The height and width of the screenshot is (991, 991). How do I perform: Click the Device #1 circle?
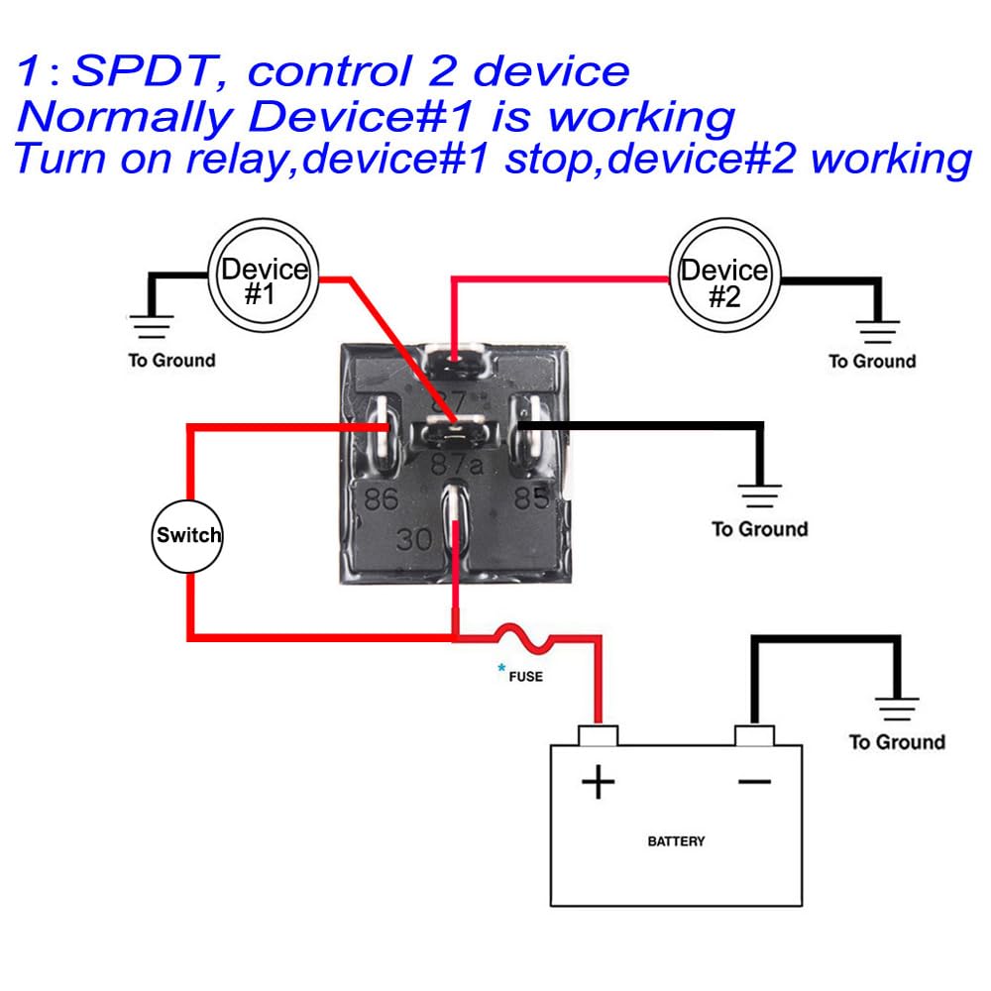pos(264,277)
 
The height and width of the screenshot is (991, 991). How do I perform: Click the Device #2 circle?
pos(725,277)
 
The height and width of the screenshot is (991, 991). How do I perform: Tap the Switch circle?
pos(189,536)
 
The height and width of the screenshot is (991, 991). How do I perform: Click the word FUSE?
pos(525,678)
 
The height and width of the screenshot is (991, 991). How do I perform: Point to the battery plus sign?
pos(598,783)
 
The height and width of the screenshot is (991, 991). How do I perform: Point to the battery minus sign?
pos(754,782)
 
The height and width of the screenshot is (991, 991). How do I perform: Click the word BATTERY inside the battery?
pos(676,841)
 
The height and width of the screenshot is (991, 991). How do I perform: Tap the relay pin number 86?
pos(381,498)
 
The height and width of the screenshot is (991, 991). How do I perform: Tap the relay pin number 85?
pos(531,496)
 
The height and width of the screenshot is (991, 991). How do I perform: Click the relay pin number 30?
pos(415,540)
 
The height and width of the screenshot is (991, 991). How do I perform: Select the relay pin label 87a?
pos(456,464)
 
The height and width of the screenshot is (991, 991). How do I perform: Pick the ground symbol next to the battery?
pos(897,709)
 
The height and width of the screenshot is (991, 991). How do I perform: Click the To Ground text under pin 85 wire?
pos(759,529)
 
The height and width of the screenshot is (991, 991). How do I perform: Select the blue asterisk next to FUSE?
pos(501,668)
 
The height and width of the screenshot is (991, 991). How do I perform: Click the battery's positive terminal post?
pos(598,734)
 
